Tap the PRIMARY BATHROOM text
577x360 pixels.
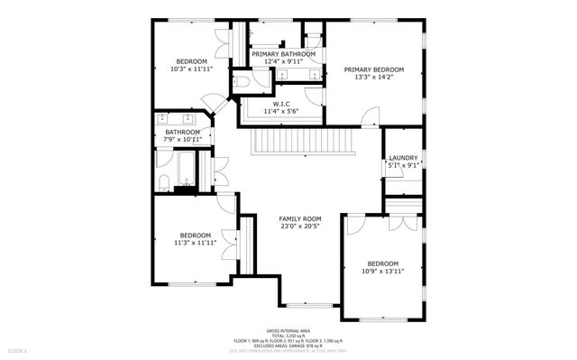tap(284, 55)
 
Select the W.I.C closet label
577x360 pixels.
tap(280, 105)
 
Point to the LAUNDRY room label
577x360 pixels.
tap(403, 158)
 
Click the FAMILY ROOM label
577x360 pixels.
tap(299, 219)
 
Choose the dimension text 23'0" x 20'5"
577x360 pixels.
tap(299, 227)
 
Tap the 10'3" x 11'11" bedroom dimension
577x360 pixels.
tap(190, 69)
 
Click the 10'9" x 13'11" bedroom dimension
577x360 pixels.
tap(383, 271)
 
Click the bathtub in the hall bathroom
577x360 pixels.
tap(183, 171)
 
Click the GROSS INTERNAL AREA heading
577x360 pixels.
tap(288, 330)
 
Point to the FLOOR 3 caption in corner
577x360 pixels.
tap(19, 349)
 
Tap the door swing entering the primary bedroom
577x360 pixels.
tap(369, 115)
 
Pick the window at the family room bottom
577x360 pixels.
tap(310, 304)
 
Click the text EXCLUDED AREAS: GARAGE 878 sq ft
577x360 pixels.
tap(288, 345)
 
